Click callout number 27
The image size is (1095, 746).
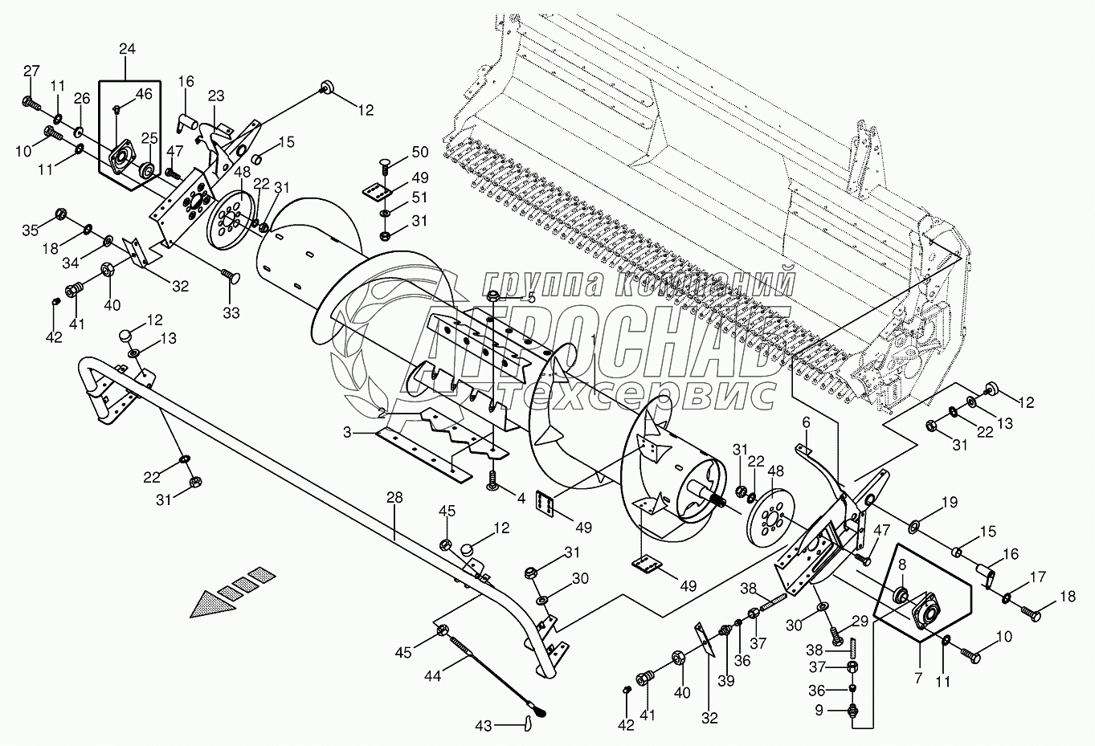(31, 71)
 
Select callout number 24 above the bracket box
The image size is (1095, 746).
(127, 50)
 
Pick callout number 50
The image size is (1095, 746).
(419, 153)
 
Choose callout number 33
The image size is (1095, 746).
(231, 312)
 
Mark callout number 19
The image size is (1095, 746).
(950, 503)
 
